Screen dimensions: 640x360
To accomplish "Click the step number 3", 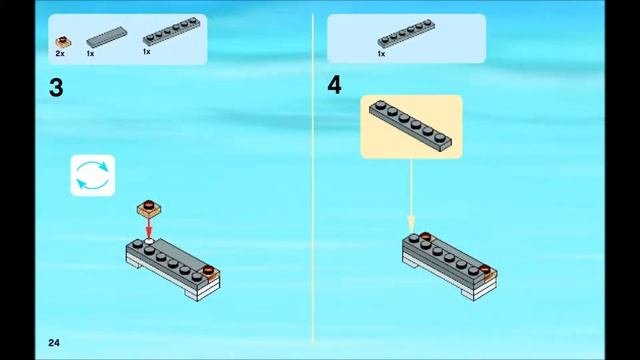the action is click(x=56, y=88).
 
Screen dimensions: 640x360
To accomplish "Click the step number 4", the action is click(x=334, y=85).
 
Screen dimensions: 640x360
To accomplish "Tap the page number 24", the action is click(x=54, y=343).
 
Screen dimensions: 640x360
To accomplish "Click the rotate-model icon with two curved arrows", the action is click(x=93, y=176).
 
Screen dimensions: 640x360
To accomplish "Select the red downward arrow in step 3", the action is click(x=149, y=228).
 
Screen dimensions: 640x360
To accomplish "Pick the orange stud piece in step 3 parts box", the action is click(x=63, y=42).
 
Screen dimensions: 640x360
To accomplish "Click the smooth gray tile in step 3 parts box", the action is click(x=107, y=37).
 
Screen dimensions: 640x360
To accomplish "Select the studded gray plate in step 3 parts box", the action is click(x=171, y=31).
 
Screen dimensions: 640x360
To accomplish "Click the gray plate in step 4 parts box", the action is click(x=406, y=33).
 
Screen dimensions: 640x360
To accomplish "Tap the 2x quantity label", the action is click(x=60, y=53).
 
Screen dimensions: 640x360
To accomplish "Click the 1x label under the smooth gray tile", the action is click(x=90, y=53).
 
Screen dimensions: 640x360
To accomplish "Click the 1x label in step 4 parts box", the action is click(x=381, y=54).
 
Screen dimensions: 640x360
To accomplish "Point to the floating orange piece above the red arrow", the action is click(x=149, y=208).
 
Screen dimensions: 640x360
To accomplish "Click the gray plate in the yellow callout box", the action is click(x=411, y=126).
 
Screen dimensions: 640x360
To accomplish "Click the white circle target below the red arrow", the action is click(x=149, y=242).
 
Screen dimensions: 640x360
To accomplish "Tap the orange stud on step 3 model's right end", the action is click(x=209, y=270).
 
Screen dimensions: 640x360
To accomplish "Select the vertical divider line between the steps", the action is click(x=313, y=180).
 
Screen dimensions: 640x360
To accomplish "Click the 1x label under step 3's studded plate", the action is click(x=147, y=52).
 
